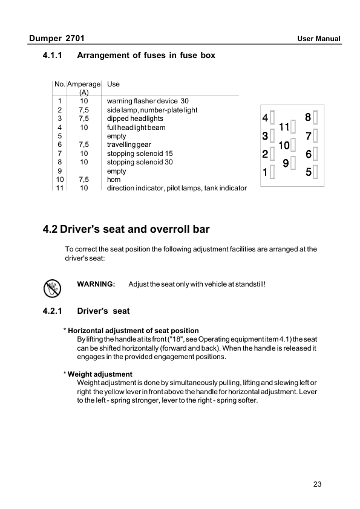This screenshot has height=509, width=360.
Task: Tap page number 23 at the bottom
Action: coord(319,484)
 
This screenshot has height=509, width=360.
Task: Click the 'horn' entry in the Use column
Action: coord(114,180)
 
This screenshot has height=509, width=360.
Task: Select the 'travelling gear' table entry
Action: coord(129,145)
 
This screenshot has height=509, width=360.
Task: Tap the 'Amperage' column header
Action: coord(84,84)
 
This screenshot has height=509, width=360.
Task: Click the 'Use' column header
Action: coord(113,84)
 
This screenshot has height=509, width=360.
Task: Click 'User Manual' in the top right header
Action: coord(319,39)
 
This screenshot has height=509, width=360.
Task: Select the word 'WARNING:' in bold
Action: coord(96,284)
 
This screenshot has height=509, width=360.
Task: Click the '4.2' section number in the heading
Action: coord(50,230)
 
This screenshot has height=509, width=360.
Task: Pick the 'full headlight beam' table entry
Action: coord(136,128)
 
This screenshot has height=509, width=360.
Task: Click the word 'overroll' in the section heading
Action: coord(174,230)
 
